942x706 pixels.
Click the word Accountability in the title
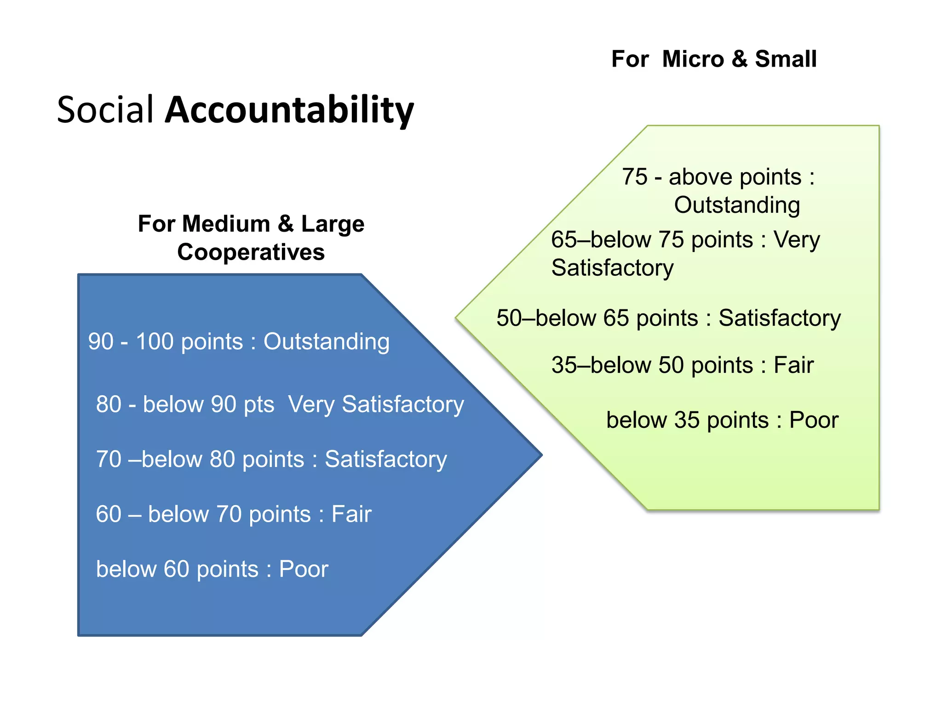[289, 110]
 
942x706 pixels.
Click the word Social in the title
[105, 110]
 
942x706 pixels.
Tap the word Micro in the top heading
[693, 59]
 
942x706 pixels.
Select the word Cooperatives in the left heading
[251, 252]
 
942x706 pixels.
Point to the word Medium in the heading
[226, 224]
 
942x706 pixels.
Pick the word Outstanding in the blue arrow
[327, 342]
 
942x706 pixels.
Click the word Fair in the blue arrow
[351, 514]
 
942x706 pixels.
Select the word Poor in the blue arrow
[304, 569]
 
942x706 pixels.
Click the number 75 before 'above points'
[635, 177]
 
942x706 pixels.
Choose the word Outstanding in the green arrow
[737, 205]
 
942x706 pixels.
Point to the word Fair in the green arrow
[793, 365]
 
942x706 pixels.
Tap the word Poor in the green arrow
[814, 420]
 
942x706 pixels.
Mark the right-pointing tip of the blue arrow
[541, 455]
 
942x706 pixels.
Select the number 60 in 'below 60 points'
[177, 569]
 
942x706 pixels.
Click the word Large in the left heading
[333, 224]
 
